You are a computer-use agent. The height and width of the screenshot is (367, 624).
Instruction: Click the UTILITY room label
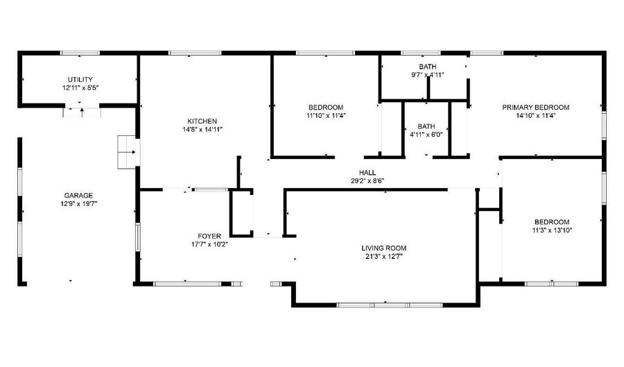point(80,80)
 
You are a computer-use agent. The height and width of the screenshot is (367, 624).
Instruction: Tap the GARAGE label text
point(78,196)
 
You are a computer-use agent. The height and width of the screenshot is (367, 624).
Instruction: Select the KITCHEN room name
point(202,121)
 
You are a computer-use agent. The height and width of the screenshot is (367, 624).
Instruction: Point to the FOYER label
point(209,236)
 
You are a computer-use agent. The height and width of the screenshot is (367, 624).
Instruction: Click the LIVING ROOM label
point(384,248)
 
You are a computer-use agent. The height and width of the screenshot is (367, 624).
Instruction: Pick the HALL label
point(367,172)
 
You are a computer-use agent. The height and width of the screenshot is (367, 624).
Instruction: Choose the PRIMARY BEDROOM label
point(536,107)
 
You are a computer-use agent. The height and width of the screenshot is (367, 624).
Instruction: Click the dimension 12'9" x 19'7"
point(78,204)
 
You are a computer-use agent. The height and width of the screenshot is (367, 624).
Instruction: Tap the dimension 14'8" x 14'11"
point(202,129)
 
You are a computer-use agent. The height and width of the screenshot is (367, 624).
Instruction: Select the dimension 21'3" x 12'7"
point(384,256)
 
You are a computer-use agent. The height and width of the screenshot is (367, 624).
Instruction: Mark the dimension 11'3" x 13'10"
point(552,230)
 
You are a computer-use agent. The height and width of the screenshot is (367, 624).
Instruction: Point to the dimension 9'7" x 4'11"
point(427,75)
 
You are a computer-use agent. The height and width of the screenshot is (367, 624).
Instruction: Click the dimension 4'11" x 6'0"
point(426,135)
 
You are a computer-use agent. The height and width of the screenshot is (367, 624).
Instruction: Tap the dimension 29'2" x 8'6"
point(367,180)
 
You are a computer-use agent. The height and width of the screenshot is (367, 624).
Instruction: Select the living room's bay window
point(390,305)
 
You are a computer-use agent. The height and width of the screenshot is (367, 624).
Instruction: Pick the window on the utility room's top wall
point(80,53)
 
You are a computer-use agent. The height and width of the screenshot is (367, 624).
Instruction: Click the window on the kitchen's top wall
point(195,53)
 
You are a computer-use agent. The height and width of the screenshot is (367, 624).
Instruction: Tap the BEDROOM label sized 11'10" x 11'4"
point(326,107)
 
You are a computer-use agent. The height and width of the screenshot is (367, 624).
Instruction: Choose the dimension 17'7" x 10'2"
point(209,244)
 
